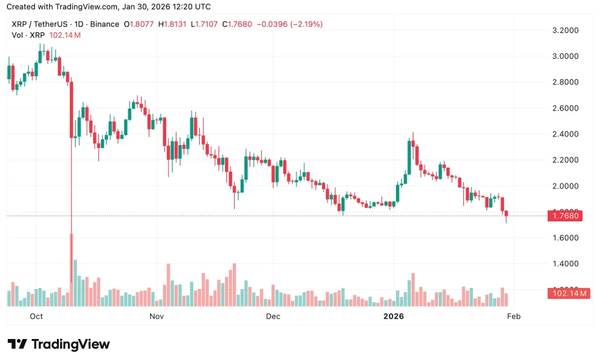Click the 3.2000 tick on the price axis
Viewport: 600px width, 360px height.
click(x=564, y=30)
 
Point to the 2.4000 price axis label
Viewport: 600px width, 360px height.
click(x=564, y=134)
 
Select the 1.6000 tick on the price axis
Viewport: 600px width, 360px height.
click(x=564, y=238)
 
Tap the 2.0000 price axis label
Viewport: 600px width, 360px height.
click(x=564, y=186)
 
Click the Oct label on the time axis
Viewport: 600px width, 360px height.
click(x=36, y=316)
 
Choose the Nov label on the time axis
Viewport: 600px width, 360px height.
click(x=157, y=316)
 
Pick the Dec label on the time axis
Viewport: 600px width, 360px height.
click(x=273, y=316)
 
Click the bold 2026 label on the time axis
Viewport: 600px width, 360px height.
click(x=394, y=316)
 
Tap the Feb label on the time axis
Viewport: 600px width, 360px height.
click(x=514, y=316)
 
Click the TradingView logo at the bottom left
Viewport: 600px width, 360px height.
click(x=59, y=344)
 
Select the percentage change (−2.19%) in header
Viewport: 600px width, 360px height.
click(x=306, y=25)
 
